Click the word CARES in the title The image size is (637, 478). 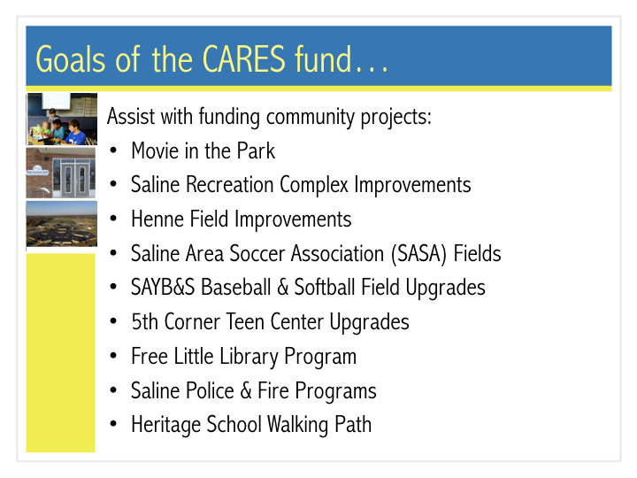coord(244,59)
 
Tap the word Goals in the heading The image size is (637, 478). coord(71,59)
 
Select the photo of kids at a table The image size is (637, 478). coord(62,119)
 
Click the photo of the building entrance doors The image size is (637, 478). coord(61,173)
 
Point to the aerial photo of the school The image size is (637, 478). coord(62,224)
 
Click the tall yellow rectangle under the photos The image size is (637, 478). coord(61,353)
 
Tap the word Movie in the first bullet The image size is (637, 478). coord(155,150)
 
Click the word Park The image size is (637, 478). coord(256,150)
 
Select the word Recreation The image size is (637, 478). coord(230,184)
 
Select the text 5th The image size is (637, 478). coord(144,321)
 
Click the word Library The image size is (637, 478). coord(249,357)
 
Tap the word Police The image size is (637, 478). coord(209,390)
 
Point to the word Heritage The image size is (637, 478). coord(166,425)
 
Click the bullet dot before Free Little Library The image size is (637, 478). coord(113,357)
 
